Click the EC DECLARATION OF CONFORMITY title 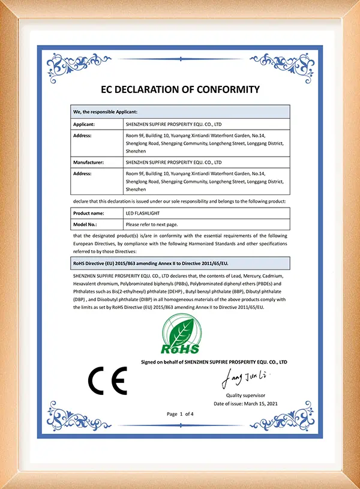(180, 90)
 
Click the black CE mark (107, 379)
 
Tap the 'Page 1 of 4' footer (180, 414)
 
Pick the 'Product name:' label (89, 213)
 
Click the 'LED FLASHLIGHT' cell (143, 213)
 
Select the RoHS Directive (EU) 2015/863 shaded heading (151, 263)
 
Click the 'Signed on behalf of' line (214, 362)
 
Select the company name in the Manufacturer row (173, 163)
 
